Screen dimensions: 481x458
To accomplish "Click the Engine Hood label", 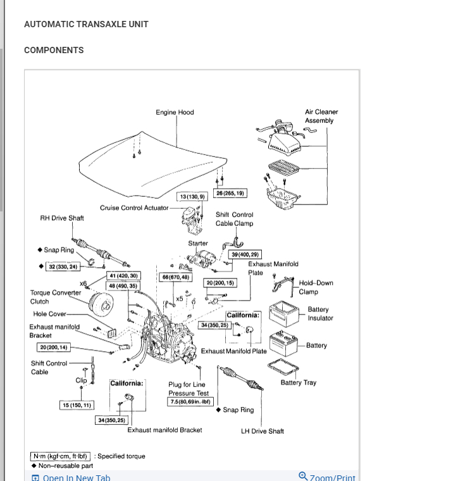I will click(175, 112).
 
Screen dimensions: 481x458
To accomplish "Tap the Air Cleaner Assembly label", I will click(321, 116).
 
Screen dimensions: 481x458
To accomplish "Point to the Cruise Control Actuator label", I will click(134, 208).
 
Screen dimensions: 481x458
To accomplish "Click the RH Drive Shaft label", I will click(62, 218).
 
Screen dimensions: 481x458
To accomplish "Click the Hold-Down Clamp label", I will click(316, 287).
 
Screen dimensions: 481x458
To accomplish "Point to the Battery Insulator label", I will click(320, 314).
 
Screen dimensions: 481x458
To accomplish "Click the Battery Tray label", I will click(299, 382).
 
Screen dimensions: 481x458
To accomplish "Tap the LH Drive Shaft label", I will click(263, 431).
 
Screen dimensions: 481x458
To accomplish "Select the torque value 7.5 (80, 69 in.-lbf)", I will click(190, 402).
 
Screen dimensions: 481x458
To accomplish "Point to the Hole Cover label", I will click(49, 314).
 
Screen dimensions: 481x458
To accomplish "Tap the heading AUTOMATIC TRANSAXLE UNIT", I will click(86, 24).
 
